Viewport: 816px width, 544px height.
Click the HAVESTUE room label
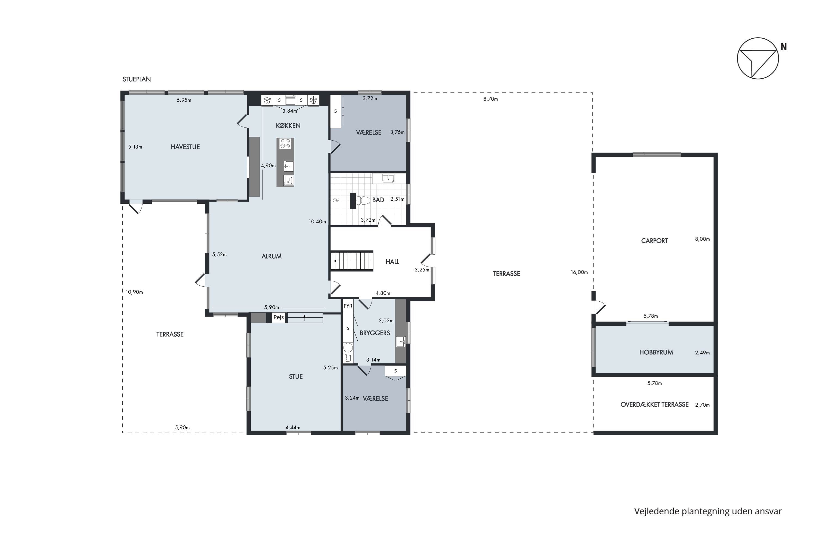click(x=185, y=147)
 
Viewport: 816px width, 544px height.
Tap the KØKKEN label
click(x=288, y=126)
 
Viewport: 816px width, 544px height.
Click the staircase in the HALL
click(x=351, y=261)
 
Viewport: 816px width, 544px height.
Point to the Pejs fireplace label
click(x=279, y=317)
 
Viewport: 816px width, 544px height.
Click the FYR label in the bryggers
click(x=348, y=306)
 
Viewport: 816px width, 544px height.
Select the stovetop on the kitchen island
click(x=285, y=143)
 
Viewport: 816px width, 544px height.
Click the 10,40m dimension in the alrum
click(x=317, y=222)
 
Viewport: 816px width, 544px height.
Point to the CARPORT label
click(x=654, y=241)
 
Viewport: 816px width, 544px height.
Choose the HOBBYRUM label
click(x=656, y=353)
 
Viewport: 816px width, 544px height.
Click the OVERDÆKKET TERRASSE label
click(x=654, y=404)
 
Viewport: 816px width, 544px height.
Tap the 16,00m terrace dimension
click(x=579, y=272)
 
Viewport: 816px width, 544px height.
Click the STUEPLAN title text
click(x=137, y=79)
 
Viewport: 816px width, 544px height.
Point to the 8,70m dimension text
click(x=491, y=99)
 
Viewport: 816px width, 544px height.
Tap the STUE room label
click(x=296, y=376)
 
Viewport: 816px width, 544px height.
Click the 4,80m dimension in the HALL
click(x=383, y=293)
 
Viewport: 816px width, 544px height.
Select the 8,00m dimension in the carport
click(x=703, y=239)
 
